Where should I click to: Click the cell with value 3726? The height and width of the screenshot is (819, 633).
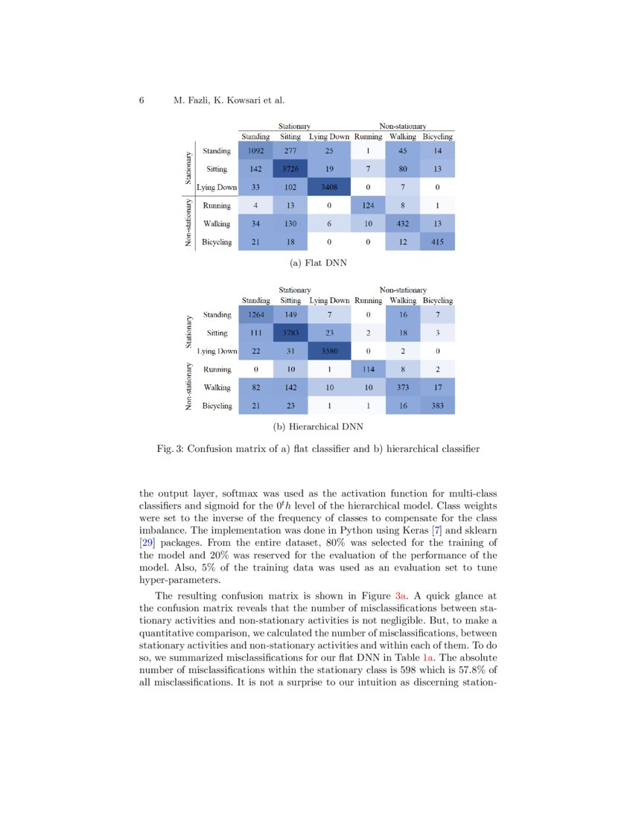click(290, 170)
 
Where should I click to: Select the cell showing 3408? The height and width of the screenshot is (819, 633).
click(328, 188)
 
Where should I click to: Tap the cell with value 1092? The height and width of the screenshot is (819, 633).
click(255, 152)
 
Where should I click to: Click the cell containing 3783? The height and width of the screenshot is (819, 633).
click(290, 334)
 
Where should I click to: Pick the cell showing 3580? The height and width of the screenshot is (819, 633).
click(328, 351)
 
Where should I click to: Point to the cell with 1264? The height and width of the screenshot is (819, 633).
click(255, 316)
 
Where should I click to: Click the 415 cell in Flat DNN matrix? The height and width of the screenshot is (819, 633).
click(438, 241)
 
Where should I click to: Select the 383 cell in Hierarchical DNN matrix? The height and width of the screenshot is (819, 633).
click(438, 406)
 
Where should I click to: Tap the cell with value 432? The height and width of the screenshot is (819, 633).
click(403, 223)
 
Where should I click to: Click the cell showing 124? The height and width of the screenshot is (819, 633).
click(368, 205)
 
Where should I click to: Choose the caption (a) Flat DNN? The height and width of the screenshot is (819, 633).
click(318, 263)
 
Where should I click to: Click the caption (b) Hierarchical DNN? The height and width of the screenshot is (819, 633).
click(318, 427)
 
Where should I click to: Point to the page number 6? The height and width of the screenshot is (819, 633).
click(141, 101)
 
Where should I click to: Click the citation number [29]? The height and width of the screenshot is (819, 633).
click(149, 542)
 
